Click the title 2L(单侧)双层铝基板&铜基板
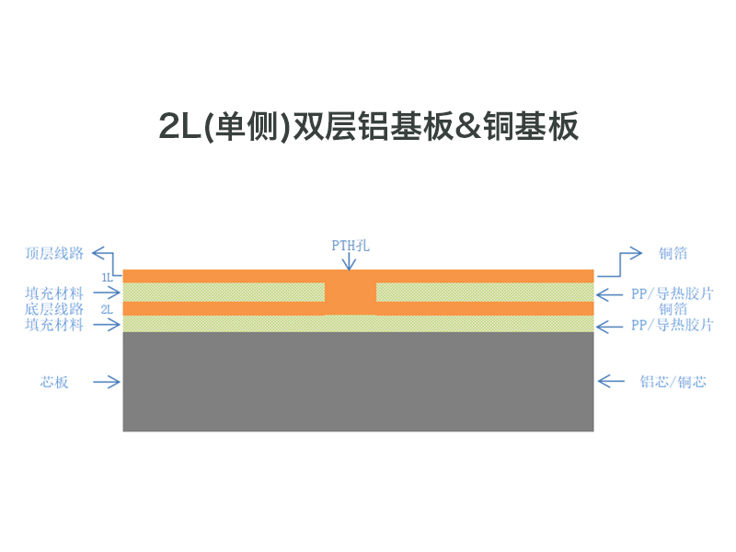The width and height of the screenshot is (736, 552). (369, 126)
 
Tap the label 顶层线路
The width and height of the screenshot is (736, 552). (54, 254)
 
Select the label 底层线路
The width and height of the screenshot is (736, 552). (54, 309)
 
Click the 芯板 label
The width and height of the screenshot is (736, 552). (54, 382)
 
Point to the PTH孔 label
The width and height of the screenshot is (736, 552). (351, 246)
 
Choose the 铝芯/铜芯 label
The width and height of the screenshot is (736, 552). (673, 382)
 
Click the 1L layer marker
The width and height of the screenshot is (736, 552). (107, 278)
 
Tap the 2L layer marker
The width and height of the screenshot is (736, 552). (107, 309)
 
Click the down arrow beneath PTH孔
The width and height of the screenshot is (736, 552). (349, 261)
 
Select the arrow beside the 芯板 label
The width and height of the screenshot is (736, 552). (107, 382)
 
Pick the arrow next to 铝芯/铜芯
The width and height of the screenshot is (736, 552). (611, 381)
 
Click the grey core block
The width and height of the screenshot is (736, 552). (358, 382)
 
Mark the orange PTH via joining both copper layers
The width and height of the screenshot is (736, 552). (351, 292)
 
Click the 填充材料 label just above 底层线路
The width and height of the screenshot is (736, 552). (54, 293)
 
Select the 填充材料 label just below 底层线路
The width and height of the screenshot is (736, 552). (54, 325)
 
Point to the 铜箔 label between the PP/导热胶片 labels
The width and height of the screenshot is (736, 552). (673, 309)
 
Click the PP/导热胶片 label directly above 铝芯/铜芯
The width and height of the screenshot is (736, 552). (673, 325)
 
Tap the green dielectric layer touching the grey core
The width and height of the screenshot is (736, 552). (358, 324)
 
